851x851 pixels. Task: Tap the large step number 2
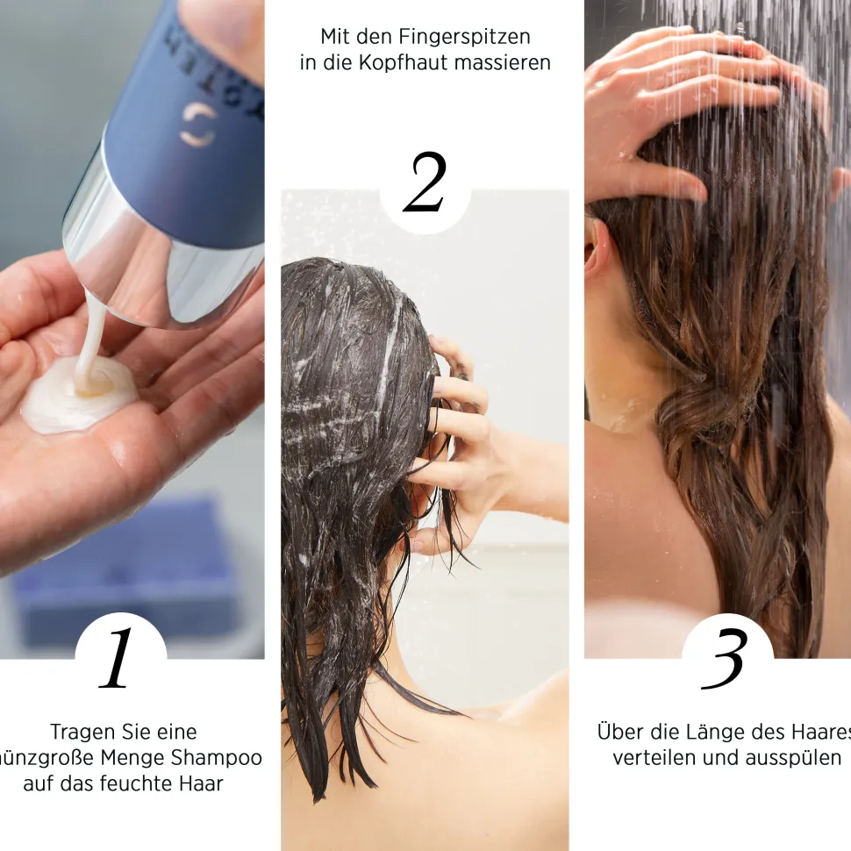click(425, 183)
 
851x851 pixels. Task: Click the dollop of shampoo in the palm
click(79, 395)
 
